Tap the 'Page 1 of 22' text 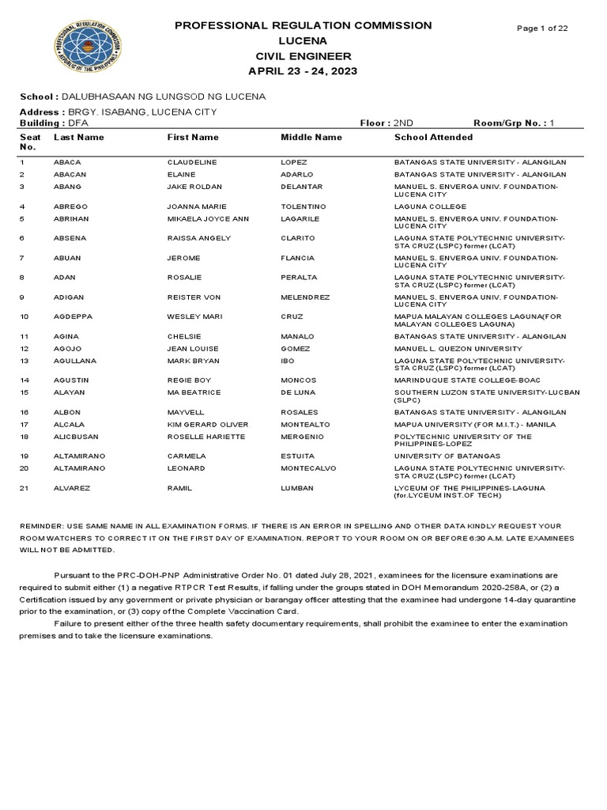click(541, 28)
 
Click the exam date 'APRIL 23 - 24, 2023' click(303, 71)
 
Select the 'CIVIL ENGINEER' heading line click(303, 56)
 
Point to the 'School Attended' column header click(433, 138)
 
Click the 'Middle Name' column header click(311, 138)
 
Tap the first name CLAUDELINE click(192, 162)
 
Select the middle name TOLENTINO click(303, 206)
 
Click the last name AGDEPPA click(72, 316)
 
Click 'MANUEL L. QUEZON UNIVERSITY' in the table click(458, 349)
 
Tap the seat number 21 click(24, 488)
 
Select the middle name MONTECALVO click(308, 468)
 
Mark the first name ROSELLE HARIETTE click(206, 437)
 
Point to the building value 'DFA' click(77, 123)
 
